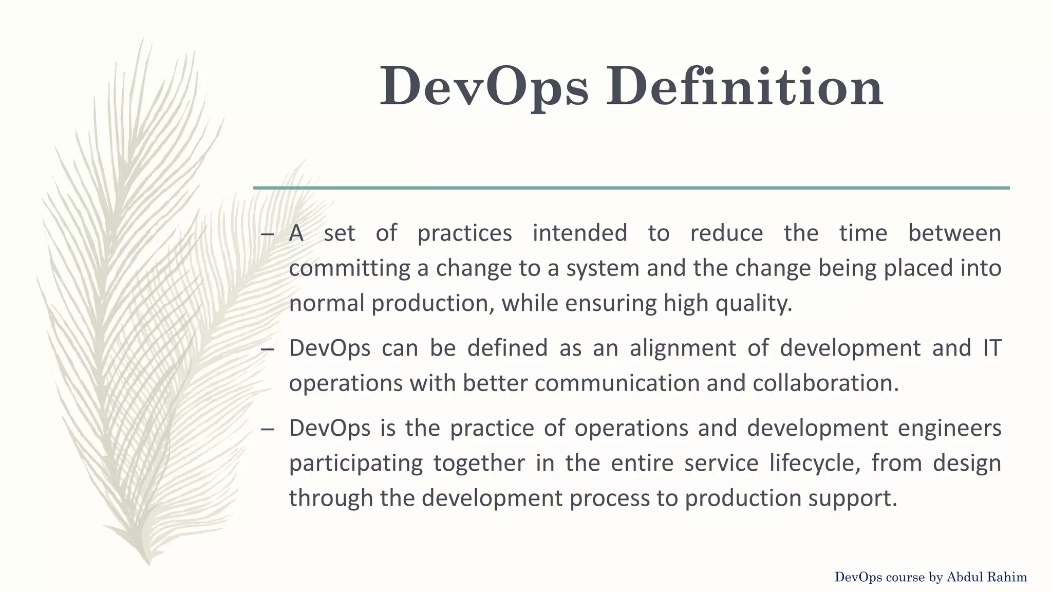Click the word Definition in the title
(x=745, y=86)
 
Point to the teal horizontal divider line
(x=631, y=188)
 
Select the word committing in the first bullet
(x=349, y=268)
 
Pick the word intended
(x=579, y=233)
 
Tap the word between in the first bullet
(x=954, y=233)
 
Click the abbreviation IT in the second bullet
(x=992, y=348)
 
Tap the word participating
(x=355, y=464)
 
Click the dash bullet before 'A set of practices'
(x=267, y=234)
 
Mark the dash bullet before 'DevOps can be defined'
(x=267, y=349)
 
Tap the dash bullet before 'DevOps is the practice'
(x=267, y=429)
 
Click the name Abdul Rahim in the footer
(x=987, y=578)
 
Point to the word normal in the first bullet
(x=327, y=303)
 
